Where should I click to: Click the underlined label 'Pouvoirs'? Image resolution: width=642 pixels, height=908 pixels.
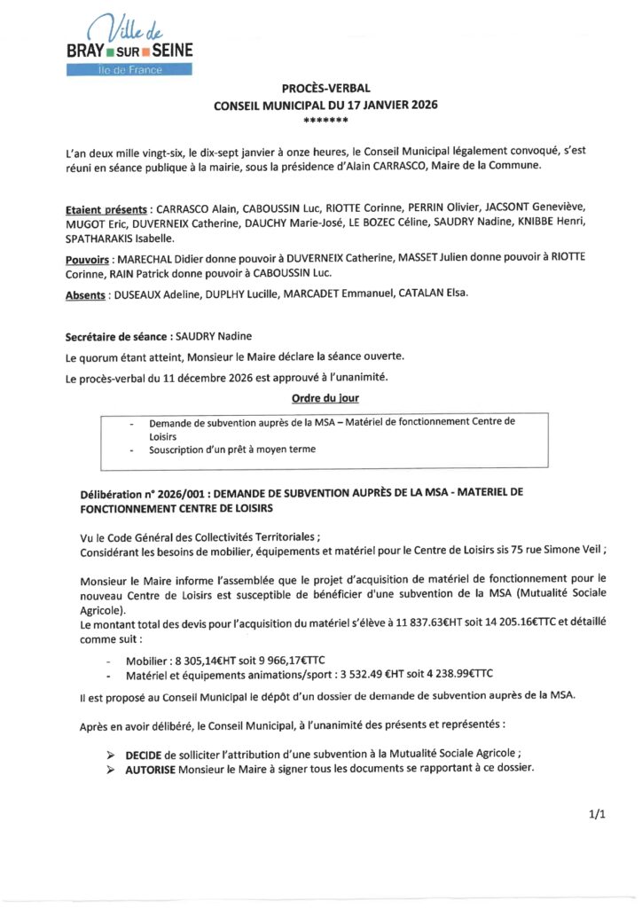click(x=87, y=258)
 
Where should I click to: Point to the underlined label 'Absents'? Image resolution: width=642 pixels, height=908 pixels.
click(x=85, y=294)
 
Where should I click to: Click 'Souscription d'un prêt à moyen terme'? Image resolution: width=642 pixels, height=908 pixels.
click(x=232, y=450)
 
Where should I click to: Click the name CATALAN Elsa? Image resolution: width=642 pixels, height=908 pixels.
click(x=441, y=294)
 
